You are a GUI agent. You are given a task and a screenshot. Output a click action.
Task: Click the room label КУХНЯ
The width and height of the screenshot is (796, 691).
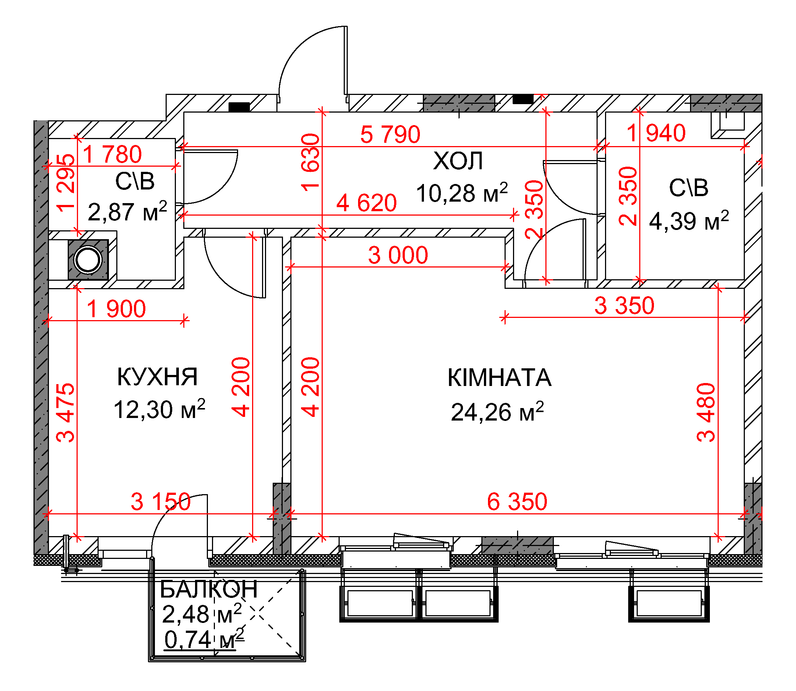point(158,377)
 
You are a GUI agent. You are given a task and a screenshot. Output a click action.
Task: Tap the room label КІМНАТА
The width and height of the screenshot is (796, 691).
point(499,378)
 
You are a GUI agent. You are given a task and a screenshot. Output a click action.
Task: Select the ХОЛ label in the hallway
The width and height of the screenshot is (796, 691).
point(458,161)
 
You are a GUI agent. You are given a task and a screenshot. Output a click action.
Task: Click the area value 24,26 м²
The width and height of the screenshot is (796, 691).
point(498,411)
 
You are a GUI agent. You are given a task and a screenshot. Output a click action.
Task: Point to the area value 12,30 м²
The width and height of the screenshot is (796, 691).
point(159,409)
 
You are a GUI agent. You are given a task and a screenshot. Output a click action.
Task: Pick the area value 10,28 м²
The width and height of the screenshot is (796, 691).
point(462,192)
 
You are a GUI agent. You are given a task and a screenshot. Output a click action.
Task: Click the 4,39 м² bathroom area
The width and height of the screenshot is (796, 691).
point(689,220)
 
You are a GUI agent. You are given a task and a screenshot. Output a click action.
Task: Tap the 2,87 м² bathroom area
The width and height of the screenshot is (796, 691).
point(128,211)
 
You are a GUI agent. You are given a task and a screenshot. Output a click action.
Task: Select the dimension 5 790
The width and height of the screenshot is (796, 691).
point(390,134)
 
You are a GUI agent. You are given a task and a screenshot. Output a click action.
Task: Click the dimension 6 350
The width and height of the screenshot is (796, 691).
point(517,502)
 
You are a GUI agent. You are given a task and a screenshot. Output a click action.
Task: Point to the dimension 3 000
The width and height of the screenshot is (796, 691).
point(398,255)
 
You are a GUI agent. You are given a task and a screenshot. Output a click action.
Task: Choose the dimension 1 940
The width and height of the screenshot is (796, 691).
point(656,133)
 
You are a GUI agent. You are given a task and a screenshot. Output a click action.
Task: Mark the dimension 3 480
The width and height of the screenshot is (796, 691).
point(706,412)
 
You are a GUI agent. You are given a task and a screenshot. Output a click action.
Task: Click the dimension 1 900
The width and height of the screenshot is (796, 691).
point(116,309)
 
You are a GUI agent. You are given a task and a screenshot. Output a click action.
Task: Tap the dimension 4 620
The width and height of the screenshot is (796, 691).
point(367,203)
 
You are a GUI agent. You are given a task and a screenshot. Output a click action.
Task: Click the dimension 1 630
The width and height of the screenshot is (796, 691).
point(311,162)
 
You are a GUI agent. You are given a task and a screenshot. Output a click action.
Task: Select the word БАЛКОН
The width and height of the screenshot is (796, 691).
point(209,589)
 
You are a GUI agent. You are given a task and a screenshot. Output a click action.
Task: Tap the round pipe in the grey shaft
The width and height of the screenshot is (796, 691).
point(88,259)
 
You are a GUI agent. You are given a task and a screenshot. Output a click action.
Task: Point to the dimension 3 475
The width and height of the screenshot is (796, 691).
point(65,412)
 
